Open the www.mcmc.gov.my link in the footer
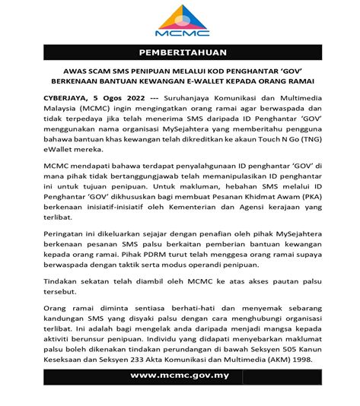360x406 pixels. pyautogui.click(x=180, y=397)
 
